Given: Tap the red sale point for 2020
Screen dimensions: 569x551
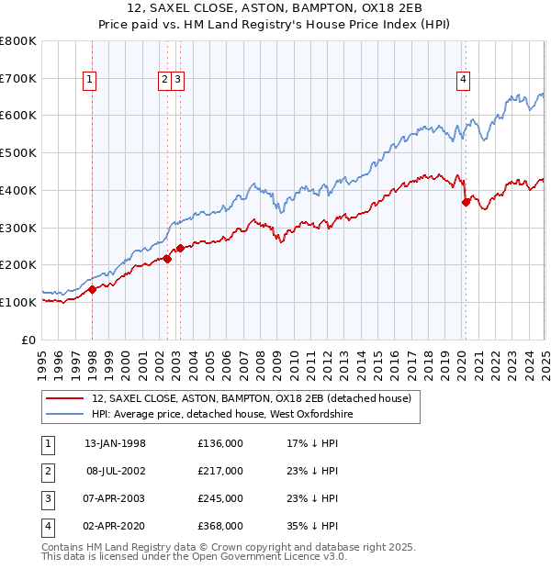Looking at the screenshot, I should click(x=466, y=202).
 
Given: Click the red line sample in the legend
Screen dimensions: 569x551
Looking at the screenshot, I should click(x=64, y=398).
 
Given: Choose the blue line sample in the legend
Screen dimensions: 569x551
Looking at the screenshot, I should click(x=64, y=414).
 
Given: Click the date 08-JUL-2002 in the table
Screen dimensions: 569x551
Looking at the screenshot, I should click(x=115, y=471).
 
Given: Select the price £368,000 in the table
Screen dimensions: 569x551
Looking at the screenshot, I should click(x=219, y=526).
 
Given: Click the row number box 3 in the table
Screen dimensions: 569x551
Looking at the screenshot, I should click(x=45, y=498).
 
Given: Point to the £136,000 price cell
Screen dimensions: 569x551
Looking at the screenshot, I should click(x=219, y=443).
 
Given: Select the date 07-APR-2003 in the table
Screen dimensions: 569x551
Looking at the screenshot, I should click(x=115, y=498).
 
